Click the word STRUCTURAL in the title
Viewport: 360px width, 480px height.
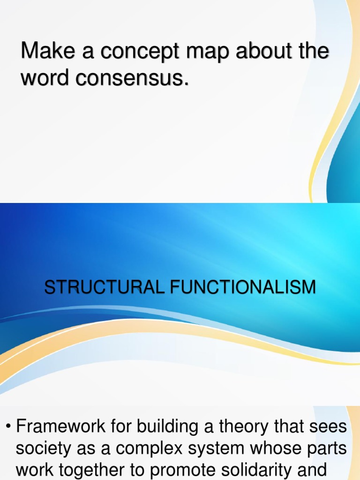point(103,287)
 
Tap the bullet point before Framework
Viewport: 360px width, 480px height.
point(8,427)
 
